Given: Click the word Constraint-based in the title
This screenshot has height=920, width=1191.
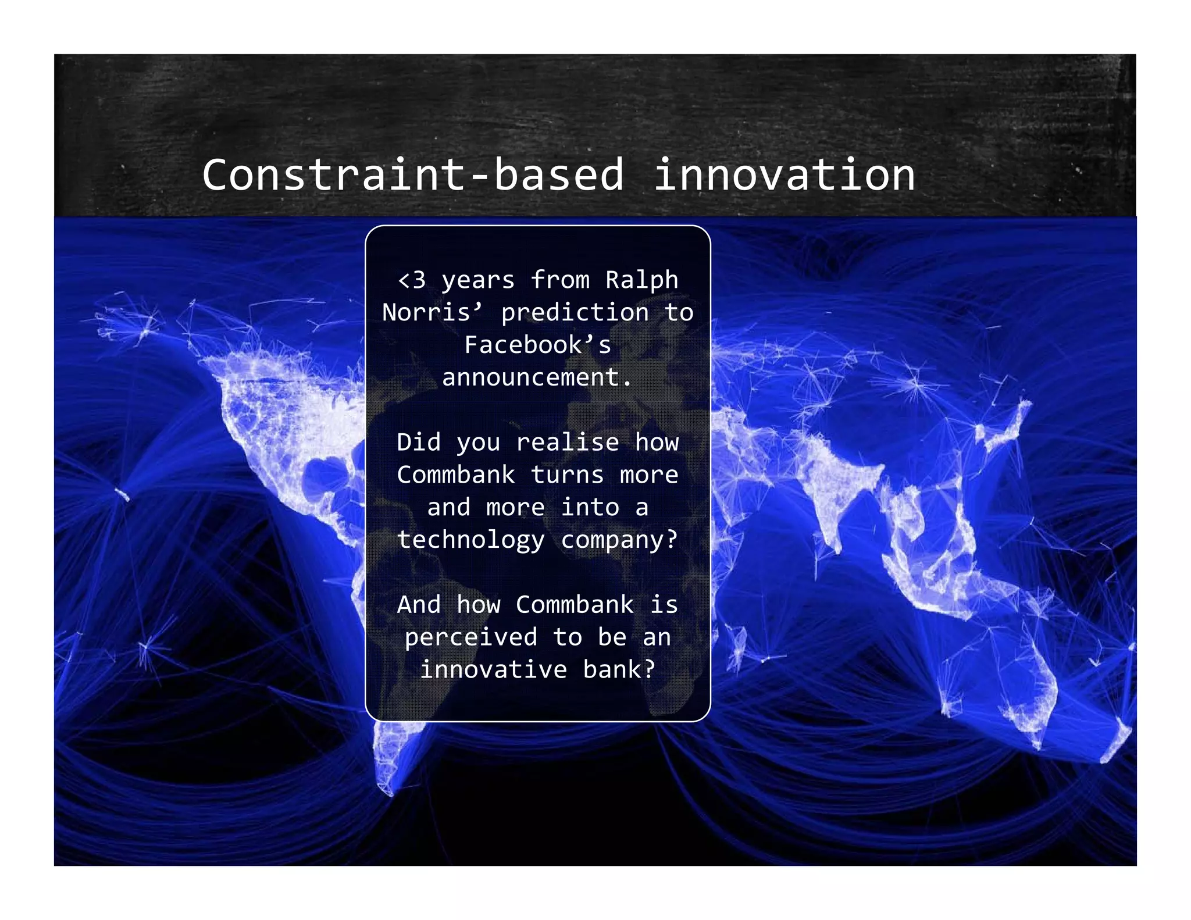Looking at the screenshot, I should pos(413,175).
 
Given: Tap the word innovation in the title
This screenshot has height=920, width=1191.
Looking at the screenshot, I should pos(784,175).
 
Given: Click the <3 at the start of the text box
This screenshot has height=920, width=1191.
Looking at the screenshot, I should pos(412,280).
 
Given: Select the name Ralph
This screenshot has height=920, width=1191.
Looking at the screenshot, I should pos(641,280).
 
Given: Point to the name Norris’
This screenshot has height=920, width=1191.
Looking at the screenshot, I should pos(432,313).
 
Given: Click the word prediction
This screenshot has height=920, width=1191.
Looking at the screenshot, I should pos(575,313).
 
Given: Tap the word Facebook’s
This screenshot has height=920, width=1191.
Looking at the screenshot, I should pos(538,345).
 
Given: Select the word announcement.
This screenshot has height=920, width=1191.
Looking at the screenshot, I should pos(536,378).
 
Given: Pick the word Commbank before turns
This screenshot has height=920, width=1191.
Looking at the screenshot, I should pos(456,475).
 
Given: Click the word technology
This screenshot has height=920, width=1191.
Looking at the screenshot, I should pos(471,540).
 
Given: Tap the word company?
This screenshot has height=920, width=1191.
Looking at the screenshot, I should pos(619,540).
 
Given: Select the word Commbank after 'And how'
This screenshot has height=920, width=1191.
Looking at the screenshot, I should pos(575,605).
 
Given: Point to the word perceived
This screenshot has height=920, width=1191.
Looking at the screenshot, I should pos(471,637).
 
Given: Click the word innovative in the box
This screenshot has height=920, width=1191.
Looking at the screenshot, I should pos(493,670).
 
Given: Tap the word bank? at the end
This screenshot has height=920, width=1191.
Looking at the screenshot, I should pos(619,670).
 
